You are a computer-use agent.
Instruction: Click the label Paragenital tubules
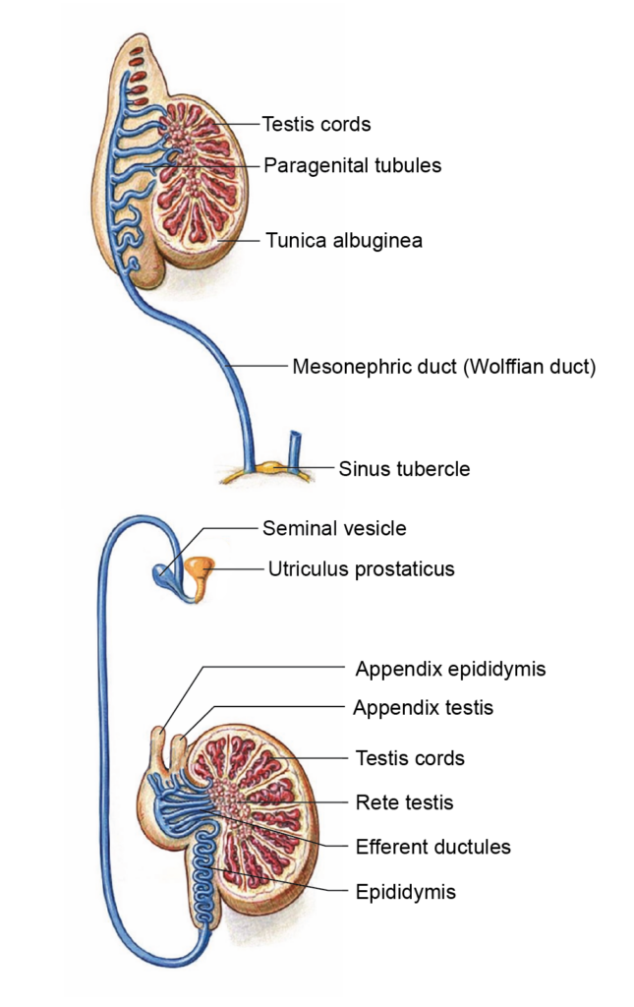tap(352, 165)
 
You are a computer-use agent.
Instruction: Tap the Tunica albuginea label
tap(343, 240)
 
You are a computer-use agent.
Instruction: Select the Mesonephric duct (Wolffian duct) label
tap(444, 368)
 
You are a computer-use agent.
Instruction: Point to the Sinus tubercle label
tap(404, 469)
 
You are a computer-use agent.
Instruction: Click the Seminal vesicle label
tap(333, 528)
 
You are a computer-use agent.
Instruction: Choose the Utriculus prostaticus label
tap(361, 568)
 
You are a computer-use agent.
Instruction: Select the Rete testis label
tap(404, 802)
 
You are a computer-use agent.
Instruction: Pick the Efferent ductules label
tap(432, 846)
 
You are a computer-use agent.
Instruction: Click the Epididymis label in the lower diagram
tap(405, 892)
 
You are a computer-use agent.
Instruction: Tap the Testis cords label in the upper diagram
tap(316, 124)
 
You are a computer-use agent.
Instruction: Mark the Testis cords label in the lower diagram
tap(409, 758)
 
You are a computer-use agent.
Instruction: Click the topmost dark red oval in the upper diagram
tap(139, 51)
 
